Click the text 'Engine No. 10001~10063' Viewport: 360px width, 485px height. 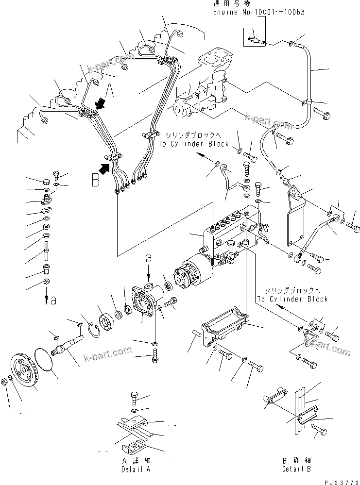pyautogui.click(x=259, y=12)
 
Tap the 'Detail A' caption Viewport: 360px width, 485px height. pyautogui.click(x=136, y=469)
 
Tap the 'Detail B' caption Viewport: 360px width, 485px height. pyautogui.click(x=296, y=469)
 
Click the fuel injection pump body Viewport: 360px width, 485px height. pyautogui.click(x=228, y=233)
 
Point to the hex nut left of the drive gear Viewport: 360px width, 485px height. pyautogui.click(x=4, y=381)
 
